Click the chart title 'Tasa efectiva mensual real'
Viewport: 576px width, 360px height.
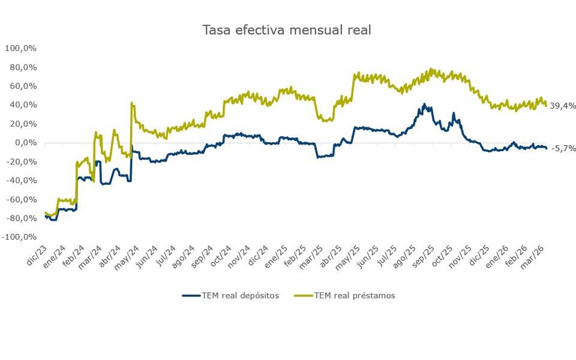click(287, 30)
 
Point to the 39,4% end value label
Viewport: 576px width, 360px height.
click(563, 106)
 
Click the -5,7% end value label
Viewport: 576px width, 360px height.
click(563, 148)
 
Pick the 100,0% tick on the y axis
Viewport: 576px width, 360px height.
click(22, 48)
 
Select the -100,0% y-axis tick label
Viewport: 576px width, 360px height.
click(20, 238)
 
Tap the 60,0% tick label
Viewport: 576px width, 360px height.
click(24, 86)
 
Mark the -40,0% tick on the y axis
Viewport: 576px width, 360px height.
click(22, 181)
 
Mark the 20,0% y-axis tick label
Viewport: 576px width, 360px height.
click(24, 124)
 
